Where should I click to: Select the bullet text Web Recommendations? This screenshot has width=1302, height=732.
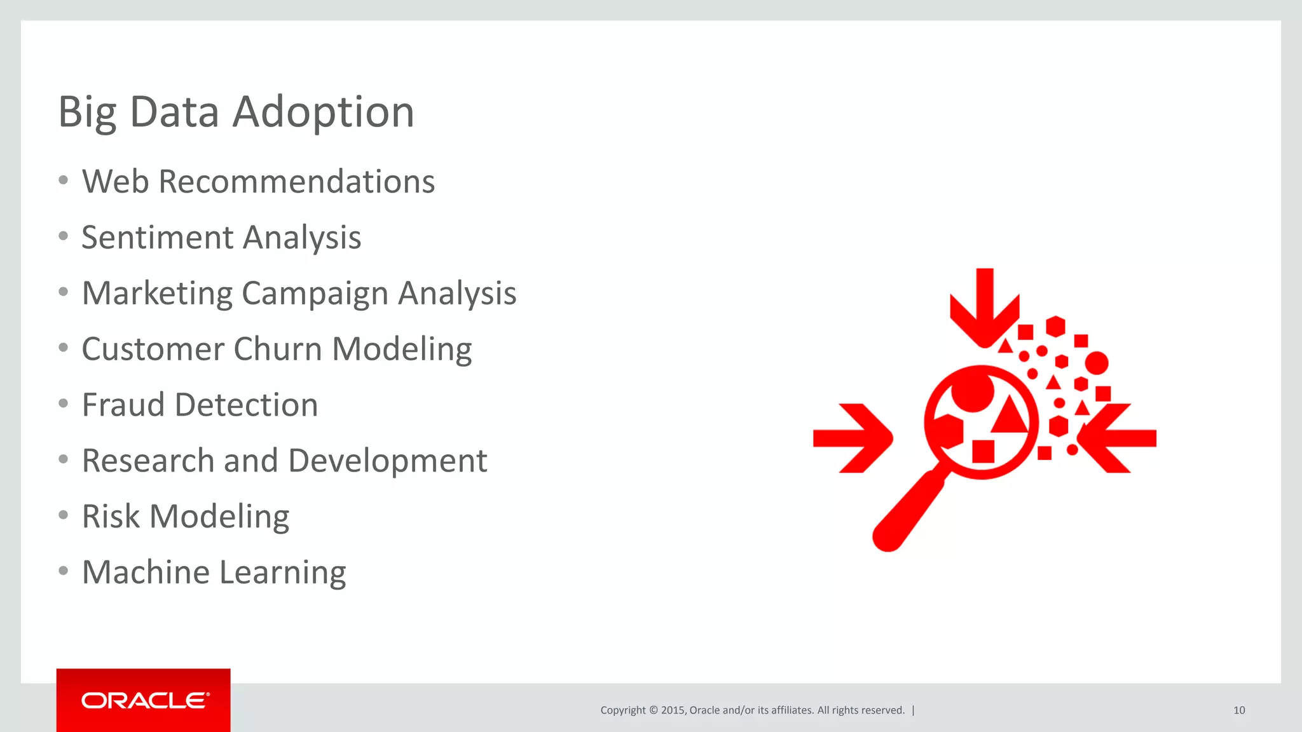pyautogui.click(x=258, y=182)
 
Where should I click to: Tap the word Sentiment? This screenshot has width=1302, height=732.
pyautogui.click(x=158, y=238)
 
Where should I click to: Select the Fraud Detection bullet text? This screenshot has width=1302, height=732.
pyautogui.click(x=200, y=405)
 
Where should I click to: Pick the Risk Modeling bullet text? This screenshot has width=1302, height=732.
pyautogui.click(x=186, y=517)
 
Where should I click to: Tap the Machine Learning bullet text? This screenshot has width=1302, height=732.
pyautogui.click(x=214, y=573)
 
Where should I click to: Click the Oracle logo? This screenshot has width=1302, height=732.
pyautogui.click(x=144, y=700)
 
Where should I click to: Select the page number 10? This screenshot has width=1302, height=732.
pyautogui.click(x=1238, y=710)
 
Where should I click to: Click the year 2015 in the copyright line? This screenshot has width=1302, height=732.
pyautogui.click(x=673, y=710)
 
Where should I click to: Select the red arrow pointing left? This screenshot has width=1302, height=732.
pyautogui.click(x=1116, y=438)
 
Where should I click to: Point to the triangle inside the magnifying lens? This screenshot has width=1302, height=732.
pyautogui.click(x=1010, y=416)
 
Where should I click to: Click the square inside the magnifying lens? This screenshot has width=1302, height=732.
pyautogui.click(x=983, y=451)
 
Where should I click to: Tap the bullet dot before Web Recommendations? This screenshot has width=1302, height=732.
pyautogui.click(x=63, y=180)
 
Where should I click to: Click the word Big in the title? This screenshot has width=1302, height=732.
pyautogui.click(x=87, y=112)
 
